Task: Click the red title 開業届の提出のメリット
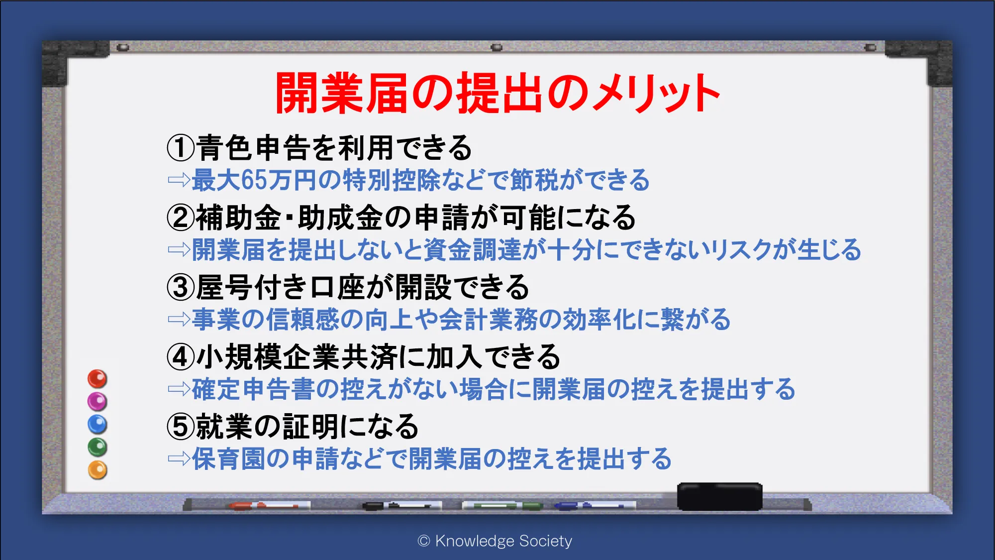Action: pos(497,93)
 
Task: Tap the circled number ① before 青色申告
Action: pos(181,148)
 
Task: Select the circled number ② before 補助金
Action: pos(181,218)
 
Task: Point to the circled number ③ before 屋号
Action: pos(181,287)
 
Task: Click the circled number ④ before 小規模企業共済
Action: pos(181,357)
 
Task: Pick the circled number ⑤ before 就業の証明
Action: pos(181,427)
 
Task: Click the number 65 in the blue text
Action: pos(254,180)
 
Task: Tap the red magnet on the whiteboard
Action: pos(98,379)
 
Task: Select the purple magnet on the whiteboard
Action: pos(98,401)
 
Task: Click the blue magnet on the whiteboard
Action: pos(98,424)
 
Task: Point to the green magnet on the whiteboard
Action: pos(98,447)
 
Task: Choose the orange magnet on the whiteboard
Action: pos(98,470)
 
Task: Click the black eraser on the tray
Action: pos(719,496)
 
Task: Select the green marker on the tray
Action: pos(502,506)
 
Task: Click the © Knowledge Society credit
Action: pos(495,541)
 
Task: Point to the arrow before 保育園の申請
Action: pos(179,458)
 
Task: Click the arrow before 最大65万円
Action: pos(179,180)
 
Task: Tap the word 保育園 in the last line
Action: pos(228,458)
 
